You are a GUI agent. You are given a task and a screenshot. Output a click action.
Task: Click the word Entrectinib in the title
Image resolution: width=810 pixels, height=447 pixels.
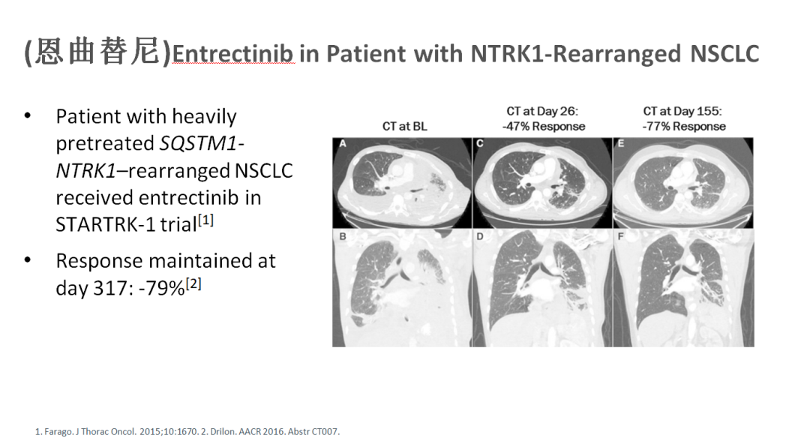coord(233,54)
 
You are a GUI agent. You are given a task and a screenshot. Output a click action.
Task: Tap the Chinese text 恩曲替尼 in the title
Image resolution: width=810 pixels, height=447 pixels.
coord(98,52)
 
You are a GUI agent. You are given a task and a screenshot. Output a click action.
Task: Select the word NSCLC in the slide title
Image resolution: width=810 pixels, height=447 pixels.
coord(724,54)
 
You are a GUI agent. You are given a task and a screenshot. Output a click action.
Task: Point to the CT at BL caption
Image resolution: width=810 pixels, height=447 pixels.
coord(404,127)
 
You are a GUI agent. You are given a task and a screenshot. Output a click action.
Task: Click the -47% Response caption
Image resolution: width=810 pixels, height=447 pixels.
coord(544,127)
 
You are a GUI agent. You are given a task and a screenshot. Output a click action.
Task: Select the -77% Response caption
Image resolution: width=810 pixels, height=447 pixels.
coord(684,127)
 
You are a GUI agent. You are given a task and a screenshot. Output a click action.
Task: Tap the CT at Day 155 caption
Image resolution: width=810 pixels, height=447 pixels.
coord(682,111)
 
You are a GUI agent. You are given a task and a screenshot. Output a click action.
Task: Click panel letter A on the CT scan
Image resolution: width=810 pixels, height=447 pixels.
coord(343,144)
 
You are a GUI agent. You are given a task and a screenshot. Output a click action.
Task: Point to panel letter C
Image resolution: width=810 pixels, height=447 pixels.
coord(480,144)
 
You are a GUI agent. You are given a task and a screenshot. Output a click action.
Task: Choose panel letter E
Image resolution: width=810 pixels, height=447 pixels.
coord(620,144)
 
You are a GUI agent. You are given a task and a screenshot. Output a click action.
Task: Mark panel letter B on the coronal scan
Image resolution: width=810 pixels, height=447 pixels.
coord(343,237)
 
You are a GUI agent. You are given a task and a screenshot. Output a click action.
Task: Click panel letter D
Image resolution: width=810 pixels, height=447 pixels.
coord(480,237)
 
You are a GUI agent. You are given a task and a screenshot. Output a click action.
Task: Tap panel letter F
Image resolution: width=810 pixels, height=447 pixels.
coord(620,237)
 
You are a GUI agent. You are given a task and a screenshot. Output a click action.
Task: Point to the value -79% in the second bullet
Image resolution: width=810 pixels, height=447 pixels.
coord(161,288)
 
